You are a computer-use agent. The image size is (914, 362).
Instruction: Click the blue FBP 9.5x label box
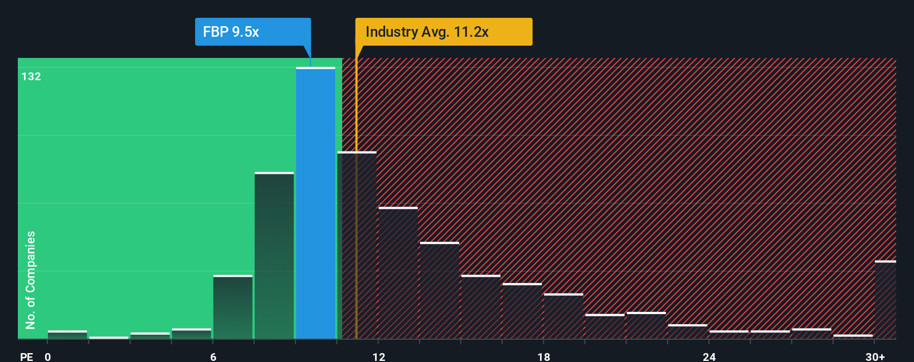[x=252, y=32]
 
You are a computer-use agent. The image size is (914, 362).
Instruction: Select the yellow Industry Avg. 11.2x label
[x=444, y=32]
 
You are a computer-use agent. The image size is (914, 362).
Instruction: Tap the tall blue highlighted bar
[x=315, y=203]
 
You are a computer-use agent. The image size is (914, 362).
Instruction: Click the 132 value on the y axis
[x=31, y=76]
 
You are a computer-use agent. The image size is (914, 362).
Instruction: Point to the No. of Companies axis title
[x=31, y=280]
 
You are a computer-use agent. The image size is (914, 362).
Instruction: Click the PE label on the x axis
[x=26, y=356]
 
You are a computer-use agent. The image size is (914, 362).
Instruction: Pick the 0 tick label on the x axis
[x=48, y=356]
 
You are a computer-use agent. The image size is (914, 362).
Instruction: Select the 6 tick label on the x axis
[x=213, y=356]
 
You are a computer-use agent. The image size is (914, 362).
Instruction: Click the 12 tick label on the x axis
[x=378, y=356]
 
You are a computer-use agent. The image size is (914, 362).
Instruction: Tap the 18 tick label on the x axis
[x=543, y=356]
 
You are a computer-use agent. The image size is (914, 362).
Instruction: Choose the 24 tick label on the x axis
[x=709, y=356]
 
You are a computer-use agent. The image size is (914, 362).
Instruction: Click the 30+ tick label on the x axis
[x=875, y=356]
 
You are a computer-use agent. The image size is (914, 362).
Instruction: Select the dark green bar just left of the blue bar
[x=274, y=256]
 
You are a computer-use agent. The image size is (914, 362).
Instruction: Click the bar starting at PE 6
[x=233, y=307]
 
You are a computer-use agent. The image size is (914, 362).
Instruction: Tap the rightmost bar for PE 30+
[x=885, y=300]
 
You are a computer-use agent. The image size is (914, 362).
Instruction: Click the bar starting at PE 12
[x=398, y=273]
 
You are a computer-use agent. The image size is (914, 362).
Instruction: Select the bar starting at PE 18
[x=563, y=316]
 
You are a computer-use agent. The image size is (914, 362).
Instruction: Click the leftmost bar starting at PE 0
[x=67, y=335]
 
